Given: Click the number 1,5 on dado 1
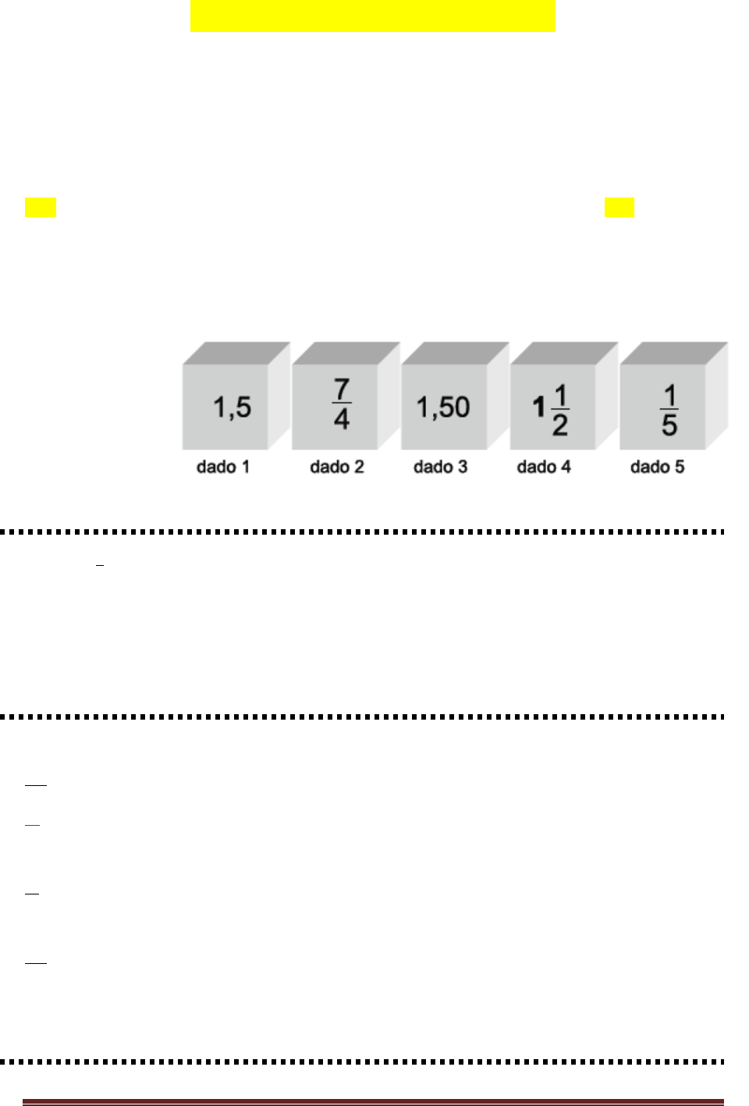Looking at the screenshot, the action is coord(233,407).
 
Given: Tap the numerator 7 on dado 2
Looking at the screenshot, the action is coord(342,389).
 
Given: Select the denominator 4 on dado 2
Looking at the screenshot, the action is coord(342,420).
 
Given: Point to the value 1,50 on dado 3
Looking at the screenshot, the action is coord(443,407).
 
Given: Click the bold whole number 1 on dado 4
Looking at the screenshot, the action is coord(538,407).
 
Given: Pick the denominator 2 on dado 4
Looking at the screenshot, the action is coord(560,425).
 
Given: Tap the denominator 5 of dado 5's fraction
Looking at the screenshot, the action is coord(669,425).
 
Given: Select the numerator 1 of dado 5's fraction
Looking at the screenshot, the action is coord(669,396).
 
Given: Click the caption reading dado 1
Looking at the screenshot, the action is coord(223,467).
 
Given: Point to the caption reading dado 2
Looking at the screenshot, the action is coord(337,467).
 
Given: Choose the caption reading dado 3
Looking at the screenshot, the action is coord(441,467).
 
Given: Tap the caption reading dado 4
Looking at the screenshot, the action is coord(544,467).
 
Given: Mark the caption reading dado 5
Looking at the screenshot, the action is coord(658,467).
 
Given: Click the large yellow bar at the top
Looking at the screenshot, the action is coord(372,16).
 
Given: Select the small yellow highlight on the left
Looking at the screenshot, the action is coord(41,207).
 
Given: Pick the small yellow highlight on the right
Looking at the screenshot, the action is coord(619,207).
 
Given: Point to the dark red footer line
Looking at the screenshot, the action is coord(373,1102).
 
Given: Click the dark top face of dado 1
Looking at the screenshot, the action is coord(236,353).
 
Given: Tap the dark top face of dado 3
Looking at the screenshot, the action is coord(455,353).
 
